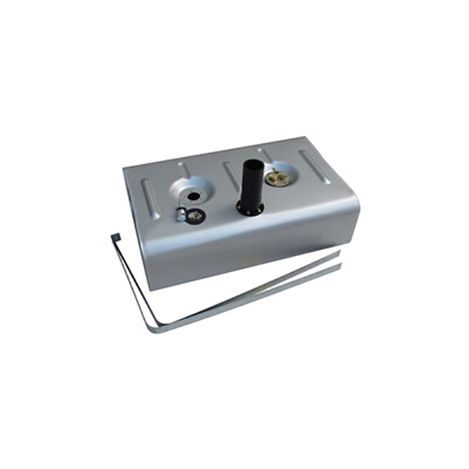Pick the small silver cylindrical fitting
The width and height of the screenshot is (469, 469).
click(x=181, y=214)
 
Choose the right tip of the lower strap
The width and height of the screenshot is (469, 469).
click(x=339, y=267)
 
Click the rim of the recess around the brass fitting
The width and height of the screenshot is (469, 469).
click(x=294, y=179)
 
